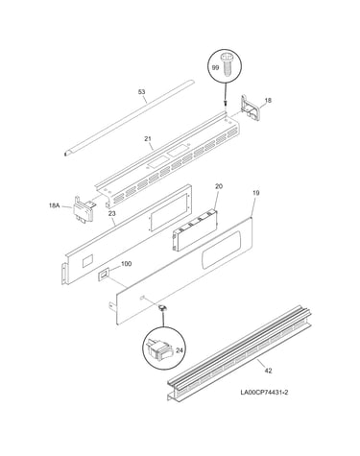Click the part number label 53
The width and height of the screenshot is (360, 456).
coord(141,92)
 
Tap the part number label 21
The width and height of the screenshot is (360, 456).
coord(148,139)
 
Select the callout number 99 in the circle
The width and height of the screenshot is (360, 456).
coord(216,67)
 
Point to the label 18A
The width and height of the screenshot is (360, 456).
coord(54,205)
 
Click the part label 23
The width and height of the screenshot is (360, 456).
coord(111,213)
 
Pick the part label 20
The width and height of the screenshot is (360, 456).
coord(219,186)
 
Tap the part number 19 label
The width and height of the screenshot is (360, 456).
coord(256,193)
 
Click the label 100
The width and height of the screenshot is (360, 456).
coord(127,264)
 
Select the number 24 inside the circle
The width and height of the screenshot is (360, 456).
coord(180,350)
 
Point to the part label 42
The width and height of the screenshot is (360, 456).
coord(268,371)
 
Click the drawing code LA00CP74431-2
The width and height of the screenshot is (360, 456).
coord(264,393)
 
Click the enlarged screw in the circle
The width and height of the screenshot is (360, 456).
coord(228,65)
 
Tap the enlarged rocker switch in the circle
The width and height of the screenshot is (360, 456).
coord(158,350)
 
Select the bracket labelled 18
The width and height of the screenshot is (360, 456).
coord(250,108)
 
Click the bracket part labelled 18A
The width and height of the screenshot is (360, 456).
coord(84,209)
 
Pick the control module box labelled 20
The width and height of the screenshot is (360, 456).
coord(195,229)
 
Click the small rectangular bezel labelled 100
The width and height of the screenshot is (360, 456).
coord(104,275)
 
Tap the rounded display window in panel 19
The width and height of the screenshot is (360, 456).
coord(221,250)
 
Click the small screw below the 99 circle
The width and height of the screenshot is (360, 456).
coord(226,104)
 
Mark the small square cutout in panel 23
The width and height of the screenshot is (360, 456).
coord(88,261)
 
